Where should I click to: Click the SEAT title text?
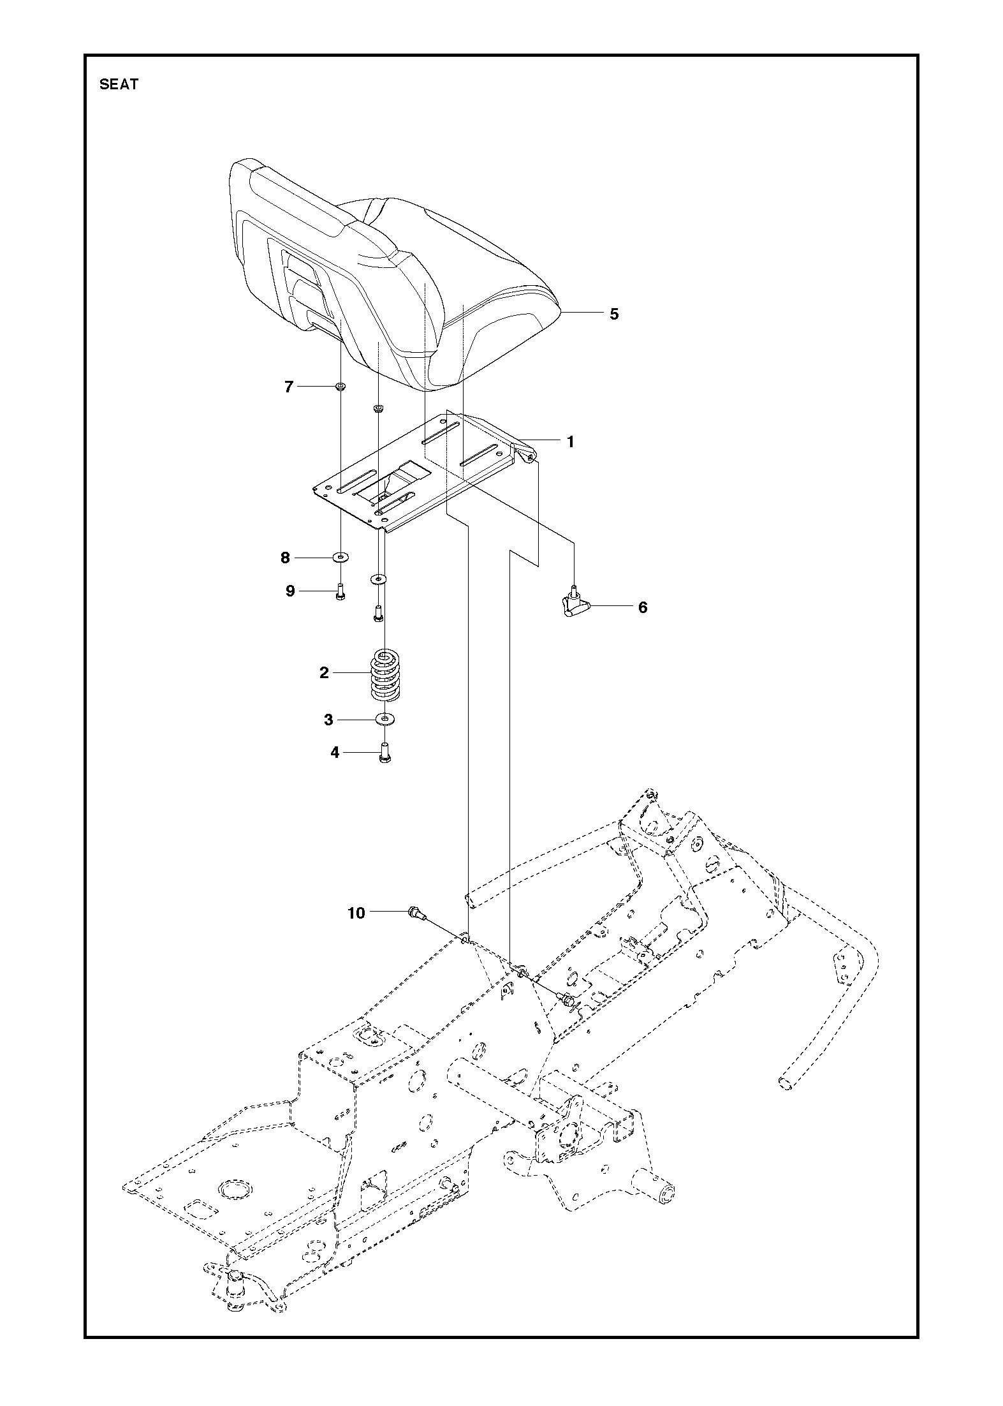point(119,84)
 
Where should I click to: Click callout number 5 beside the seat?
point(614,314)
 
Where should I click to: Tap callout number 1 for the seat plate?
point(571,441)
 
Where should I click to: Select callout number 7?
point(289,387)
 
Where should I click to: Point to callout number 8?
point(285,558)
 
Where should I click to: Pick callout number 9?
point(290,591)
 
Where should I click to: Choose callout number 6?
point(643,607)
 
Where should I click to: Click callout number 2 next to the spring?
point(324,672)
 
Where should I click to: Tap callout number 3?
point(328,720)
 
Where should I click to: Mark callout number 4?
point(335,753)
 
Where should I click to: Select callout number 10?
point(356,914)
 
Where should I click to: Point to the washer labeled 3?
point(385,720)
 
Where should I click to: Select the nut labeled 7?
point(340,386)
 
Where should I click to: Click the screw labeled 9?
point(340,592)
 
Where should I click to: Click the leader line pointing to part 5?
point(582,313)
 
